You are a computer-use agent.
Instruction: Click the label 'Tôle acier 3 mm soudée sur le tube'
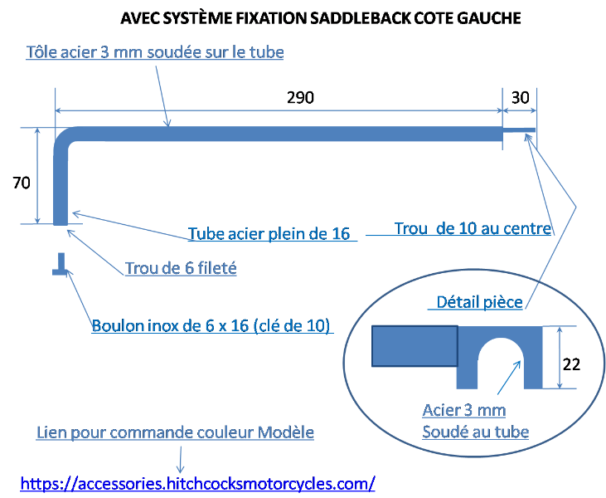click(155, 52)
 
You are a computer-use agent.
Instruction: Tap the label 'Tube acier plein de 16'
click(269, 233)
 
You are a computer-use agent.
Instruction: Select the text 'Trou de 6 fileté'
click(181, 269)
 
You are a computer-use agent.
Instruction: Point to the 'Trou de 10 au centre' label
click(473, 228)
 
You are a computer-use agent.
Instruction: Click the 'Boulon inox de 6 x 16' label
click(211, 325)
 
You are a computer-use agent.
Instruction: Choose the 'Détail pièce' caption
click(479, 303)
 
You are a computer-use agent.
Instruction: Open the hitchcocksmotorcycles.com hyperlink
click(197, 483)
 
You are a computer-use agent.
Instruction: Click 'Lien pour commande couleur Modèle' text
click(175, 433)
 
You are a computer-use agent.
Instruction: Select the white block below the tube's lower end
click(61, 242)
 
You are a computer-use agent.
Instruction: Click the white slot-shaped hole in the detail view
click(500, 365)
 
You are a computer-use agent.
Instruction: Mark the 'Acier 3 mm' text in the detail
click(463, 410)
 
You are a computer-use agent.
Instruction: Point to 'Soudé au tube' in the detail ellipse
click(475, 432)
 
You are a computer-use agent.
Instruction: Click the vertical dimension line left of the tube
click(37, 175)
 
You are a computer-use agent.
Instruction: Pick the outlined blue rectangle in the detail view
click(415, 346)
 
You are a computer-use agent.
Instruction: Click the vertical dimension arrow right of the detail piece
click(560, 357)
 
